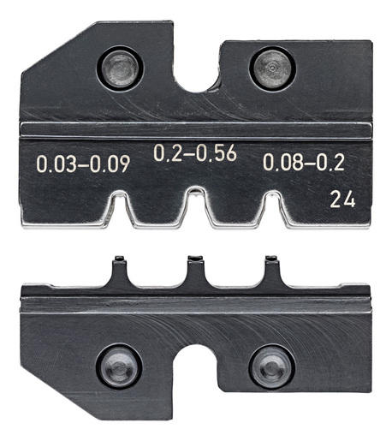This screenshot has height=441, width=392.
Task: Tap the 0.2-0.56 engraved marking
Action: (x=195, y=154)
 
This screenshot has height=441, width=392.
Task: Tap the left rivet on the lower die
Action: (x=120, y=367)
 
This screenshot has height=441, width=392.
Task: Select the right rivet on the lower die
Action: (x=271, y=366)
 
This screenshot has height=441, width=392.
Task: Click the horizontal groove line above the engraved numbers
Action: (x=196, y=130)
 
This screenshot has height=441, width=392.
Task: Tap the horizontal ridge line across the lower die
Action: (x=196, y=301)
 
